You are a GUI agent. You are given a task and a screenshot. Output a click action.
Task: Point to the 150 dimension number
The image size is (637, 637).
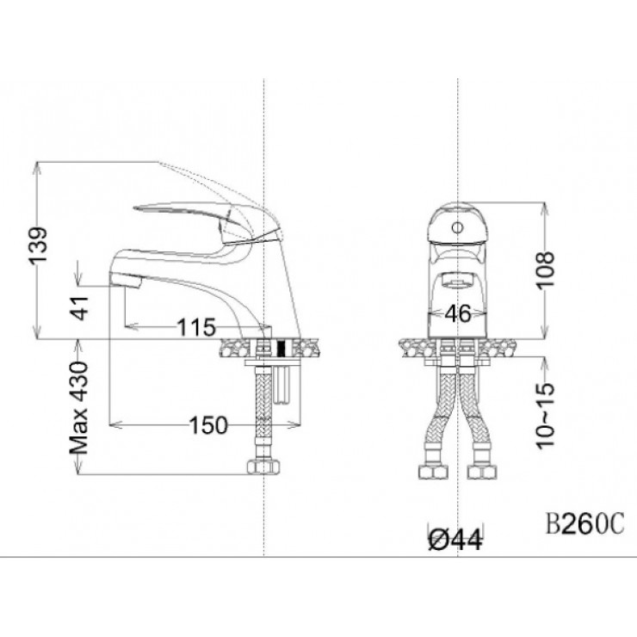pyautogui.click(x=208, y=424)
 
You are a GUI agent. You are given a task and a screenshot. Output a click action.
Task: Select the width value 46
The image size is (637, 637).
pyautogui.click(x=458, y=314)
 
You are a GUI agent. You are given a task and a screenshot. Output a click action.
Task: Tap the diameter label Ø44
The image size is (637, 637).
pyautogui.click(x=455, y=539)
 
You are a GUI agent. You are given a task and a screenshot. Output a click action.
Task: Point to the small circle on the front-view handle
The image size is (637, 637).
pyautogui.click(x=458, y=227)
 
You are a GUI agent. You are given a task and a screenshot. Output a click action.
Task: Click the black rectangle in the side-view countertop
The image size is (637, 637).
pyautogui.click(x=278, y=349)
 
